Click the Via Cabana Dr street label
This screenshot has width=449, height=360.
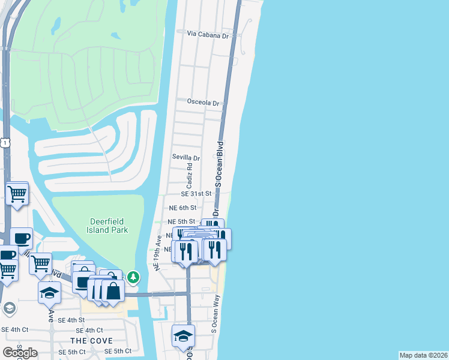coord(208,35)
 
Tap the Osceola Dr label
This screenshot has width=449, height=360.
coord(204,103)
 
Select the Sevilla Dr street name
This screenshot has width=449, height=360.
coord(185,158)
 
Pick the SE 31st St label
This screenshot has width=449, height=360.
coord(197,194)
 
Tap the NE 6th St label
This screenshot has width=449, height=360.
coord(182,208)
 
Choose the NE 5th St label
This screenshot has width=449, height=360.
coord(182,221)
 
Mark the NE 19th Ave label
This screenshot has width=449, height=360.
coord(159,252)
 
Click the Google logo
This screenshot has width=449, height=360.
coord(19,352)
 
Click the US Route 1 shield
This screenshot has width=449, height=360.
coord(5,142)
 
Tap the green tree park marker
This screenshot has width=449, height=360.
coord(133,277)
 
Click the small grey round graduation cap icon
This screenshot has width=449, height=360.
coord(9,308)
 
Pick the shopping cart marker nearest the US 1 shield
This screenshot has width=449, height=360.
coord(17,194)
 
